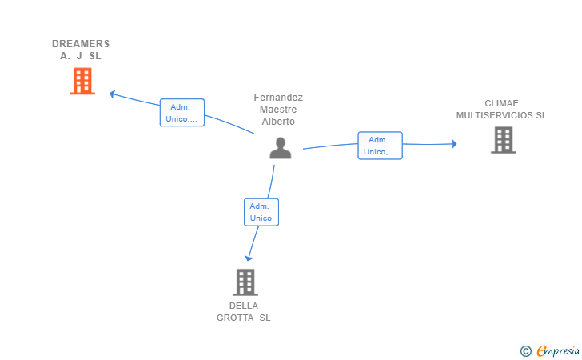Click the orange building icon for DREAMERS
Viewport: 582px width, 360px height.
coord(82,81)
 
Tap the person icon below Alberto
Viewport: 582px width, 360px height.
coord(281,148)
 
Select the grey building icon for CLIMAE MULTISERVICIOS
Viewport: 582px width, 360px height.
coord(504,140)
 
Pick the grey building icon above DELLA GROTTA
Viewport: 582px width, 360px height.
coord(245,282)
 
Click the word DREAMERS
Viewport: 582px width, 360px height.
coord(81,44)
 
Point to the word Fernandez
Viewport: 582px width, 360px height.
coord(278,98)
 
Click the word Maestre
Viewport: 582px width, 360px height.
coord(278,110)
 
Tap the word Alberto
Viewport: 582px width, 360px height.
coord(278,122)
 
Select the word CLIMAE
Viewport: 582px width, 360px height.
coord(501,103)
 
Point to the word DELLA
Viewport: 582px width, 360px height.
coord(244,306)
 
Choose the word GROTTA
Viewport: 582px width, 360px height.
coord(235,318)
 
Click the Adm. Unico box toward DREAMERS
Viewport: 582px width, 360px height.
coord(182,113)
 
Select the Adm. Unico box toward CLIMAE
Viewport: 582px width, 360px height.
coord(380,146)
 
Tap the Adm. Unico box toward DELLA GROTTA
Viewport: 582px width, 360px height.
coord(261,212)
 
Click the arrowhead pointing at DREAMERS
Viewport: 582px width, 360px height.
coord(112,94)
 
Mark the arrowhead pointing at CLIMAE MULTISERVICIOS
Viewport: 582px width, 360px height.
coord(454,144)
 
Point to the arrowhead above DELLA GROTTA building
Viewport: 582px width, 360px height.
coord(249,258)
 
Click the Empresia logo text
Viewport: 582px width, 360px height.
coord(558,350)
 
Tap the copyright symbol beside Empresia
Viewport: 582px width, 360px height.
coord(525,351)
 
